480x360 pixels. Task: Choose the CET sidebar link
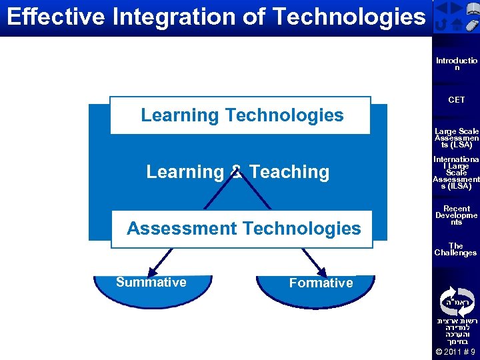pos(457,100)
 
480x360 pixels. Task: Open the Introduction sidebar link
pos(457,64)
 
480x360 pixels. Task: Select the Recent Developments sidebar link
pos(457,215)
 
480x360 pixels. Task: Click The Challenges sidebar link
pos(456,249)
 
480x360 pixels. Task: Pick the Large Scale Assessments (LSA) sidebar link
pos(457,138)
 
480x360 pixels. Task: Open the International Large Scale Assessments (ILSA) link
pos(457,173)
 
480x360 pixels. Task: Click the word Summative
pos(151,282)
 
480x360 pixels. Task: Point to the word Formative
pos(321,283)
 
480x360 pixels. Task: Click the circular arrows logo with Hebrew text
pos(457,301)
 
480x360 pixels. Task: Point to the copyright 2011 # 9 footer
pos(456,352)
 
